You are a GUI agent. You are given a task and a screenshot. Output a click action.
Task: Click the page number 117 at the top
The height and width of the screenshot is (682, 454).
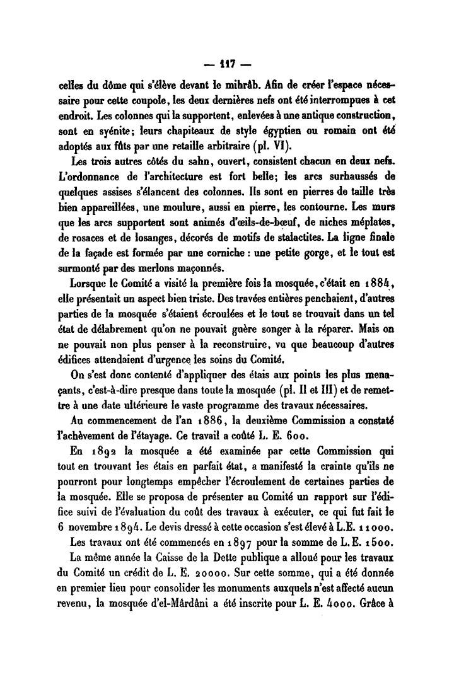227,64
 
